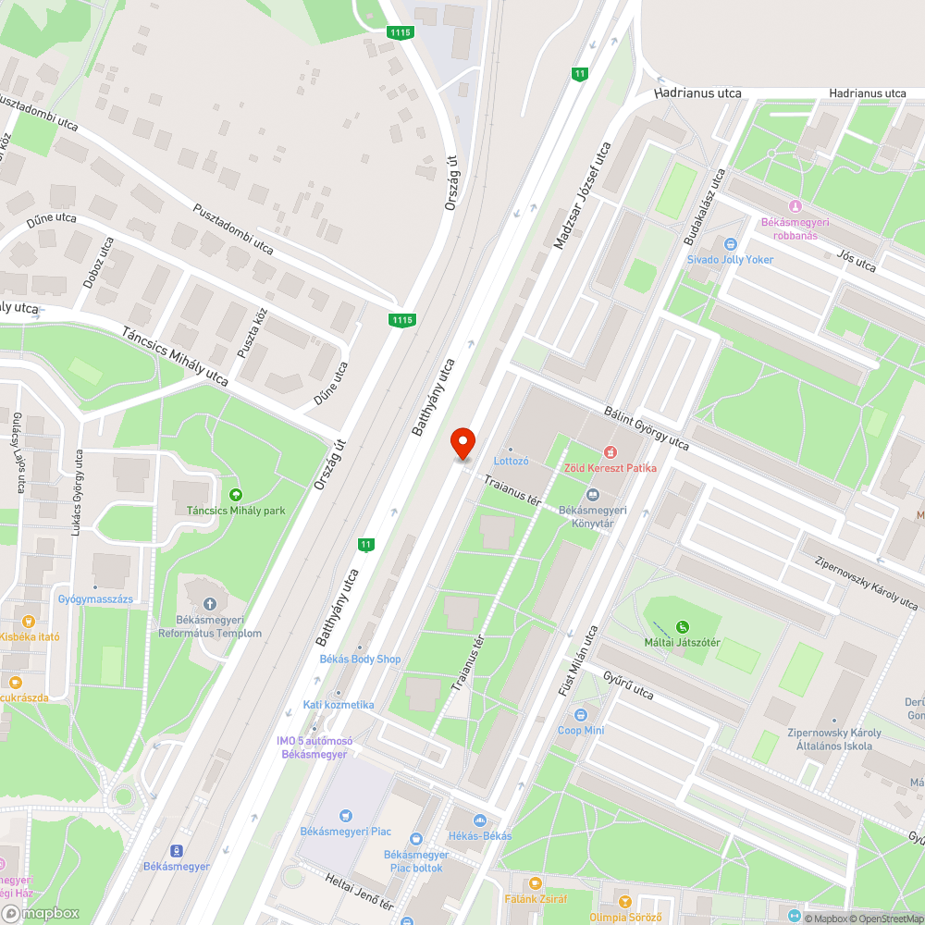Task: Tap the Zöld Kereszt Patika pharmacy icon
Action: [610, 451]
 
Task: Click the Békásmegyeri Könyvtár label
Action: [593, 516]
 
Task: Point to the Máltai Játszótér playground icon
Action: [683, 627]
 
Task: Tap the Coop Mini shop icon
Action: [580, 715]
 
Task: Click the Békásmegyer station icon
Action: [176, 851]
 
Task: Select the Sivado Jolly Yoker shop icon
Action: [730, 244]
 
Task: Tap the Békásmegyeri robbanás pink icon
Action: [795, 206]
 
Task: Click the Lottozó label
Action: [511, 461]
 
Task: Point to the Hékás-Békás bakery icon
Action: [479, 820]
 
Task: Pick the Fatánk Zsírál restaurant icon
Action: [535, 882]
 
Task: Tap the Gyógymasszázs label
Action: [95, 599]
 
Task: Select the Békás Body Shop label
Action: [360, 659]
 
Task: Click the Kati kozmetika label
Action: [339, 705]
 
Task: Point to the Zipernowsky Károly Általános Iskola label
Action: [833, 739]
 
